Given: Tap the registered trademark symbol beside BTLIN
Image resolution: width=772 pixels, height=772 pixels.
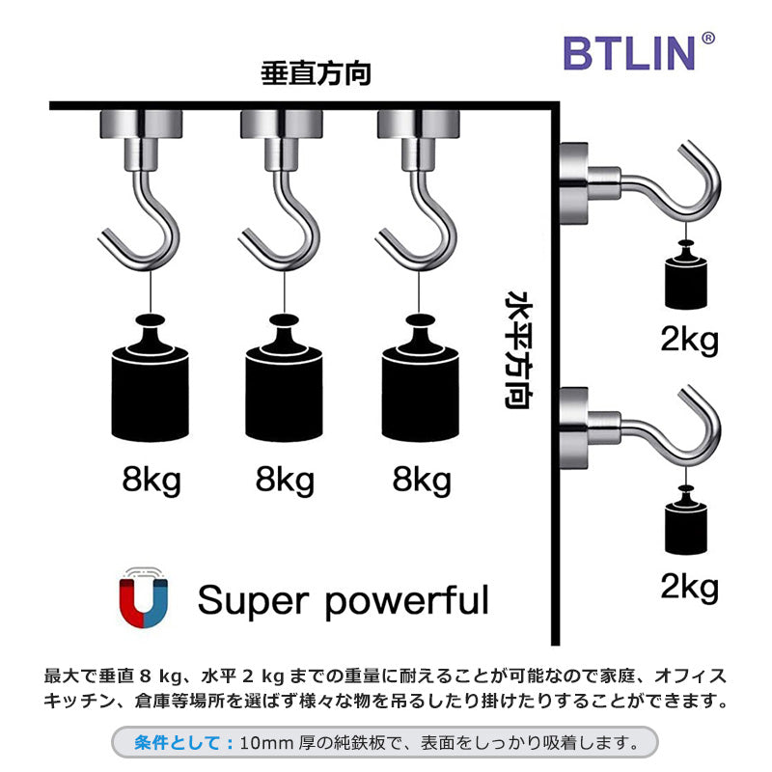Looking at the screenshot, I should click(x=708, y=39).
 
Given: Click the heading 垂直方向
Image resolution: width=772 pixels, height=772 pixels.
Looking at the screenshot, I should click(x=316, y=75).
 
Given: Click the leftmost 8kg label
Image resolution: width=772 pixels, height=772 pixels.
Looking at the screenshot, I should click(x=152, y=480).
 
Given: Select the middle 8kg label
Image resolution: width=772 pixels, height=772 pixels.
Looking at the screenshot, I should click(x=287, y=480).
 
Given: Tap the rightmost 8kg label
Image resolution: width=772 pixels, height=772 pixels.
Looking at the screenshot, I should click(x=422, y=480).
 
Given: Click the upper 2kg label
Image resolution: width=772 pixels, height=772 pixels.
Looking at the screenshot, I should click(x=690, y=339).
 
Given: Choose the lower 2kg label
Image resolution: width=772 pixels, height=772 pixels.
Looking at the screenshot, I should click(x=690, y=586).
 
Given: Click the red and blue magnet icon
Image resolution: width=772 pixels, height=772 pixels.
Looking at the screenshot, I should click(x=144, y=598).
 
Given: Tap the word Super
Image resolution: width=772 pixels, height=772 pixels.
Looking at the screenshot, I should click(x=253, y=600).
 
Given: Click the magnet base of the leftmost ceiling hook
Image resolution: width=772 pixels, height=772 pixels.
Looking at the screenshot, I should click(x=151, y=124).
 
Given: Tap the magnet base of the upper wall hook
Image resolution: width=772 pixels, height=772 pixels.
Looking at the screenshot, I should click(x=574, y=175).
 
